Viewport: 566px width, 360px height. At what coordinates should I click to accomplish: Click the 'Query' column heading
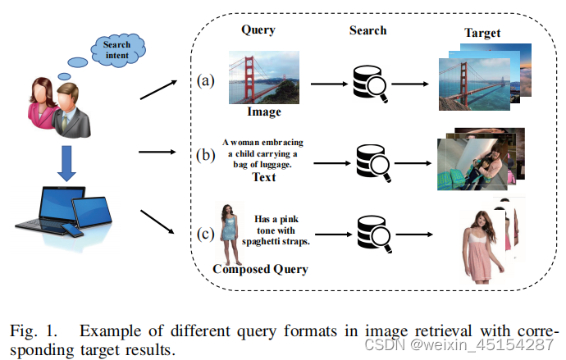click(x=258, y=30)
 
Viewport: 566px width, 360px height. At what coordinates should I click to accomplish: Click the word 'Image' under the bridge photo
click(x=264, y=112)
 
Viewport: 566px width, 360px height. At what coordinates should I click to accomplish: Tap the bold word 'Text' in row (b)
click(x=263, y=176)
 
